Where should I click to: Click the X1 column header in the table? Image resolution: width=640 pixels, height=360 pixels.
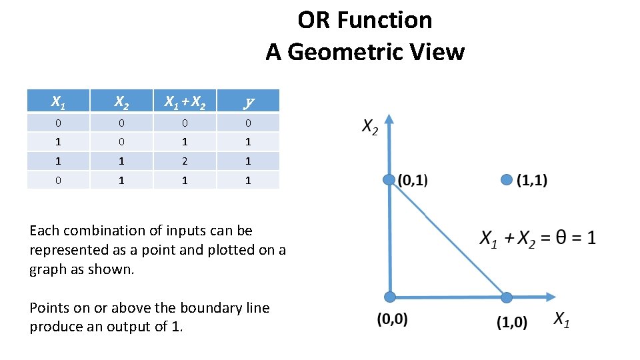[x=58, y=102]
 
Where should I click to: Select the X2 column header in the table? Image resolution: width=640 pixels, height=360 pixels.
[x=121, y=102]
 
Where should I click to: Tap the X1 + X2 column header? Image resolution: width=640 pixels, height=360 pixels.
[x=185, y=102]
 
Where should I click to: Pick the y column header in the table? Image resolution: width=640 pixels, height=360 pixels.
[x=248, y=102]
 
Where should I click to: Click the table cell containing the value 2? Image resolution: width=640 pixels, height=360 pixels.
[x=185, y=161]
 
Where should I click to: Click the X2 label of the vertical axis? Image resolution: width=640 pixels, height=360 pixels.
[x=369, y=127]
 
